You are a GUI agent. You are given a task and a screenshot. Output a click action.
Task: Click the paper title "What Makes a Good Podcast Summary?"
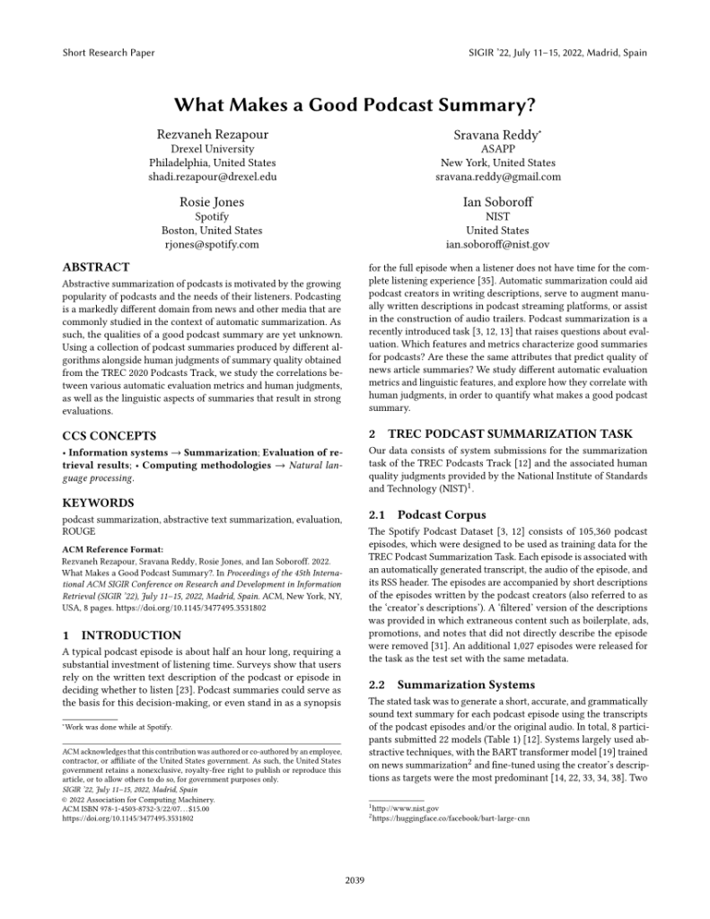pyautogui.click(x=355, y=104)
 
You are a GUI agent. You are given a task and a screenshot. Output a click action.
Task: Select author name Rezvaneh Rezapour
pyautogui.click(x=213, y=133)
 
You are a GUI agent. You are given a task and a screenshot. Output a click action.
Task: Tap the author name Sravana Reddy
pyautogui.click(x=495, y=133)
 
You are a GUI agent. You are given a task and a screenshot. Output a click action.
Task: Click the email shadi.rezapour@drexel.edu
pyautogui.click(x=213, y=177)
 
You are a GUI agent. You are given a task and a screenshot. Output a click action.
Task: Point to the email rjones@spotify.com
pyautogui.click(x=213, y=244)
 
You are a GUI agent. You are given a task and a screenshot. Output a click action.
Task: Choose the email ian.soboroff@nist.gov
pyautogui.click(x=497, y=244)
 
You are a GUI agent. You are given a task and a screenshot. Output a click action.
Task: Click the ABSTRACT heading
pyautogui.click(x=95, y=267)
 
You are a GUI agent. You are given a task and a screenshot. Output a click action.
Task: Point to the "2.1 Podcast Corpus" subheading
pyautogui.click(x=428, y=515)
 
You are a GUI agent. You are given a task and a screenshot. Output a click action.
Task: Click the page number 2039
pyautogui.click(x=355, y=880)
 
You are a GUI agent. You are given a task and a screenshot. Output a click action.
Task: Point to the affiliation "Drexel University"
pyautogui.click(x=213, y=148)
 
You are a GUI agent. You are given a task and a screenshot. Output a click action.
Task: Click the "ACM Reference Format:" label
pyautogui.click(x=112, y=548)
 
